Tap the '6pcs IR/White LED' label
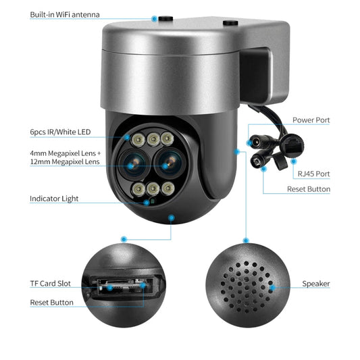click(59, 132)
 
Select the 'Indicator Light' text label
click(54, 199)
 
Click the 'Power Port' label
click(311, 120)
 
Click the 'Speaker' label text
click(315, 284)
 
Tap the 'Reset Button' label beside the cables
click(309, 190)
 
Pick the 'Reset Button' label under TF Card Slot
click(52, 303)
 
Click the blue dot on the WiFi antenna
click(154, 19)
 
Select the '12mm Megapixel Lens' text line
click(65, 161)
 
